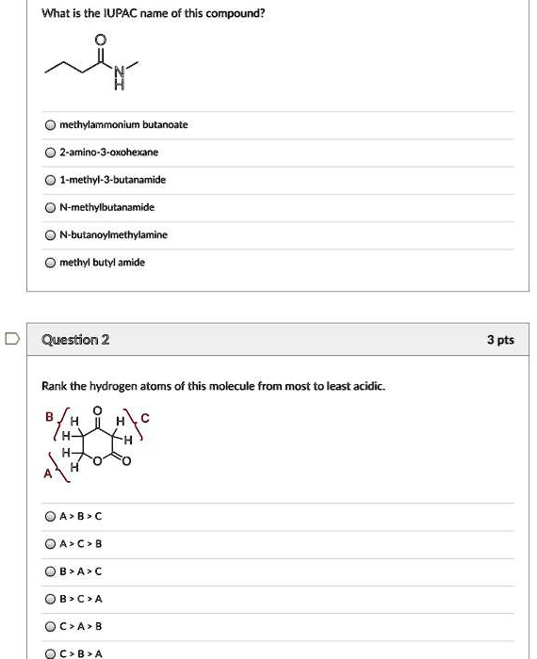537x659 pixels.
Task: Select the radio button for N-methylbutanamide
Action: [x=49, y=207]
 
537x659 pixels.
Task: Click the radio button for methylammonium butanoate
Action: [x=49, y=125]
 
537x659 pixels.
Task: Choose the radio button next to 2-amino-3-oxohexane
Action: [x=49, y=153]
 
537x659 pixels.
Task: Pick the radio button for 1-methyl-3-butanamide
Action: [x=49, y=180]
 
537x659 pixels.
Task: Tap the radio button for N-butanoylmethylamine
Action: [x=49, y=234]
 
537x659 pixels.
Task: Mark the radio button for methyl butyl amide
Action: [x=49, y=263]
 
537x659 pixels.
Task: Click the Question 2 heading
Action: [x=76, y=340]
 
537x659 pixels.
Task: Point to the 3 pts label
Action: [x=499, y=340]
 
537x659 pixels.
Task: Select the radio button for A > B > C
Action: [x=49, y=516]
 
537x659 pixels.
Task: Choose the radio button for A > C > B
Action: [x=49, y=544]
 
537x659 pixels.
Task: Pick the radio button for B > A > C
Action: [x=49, y=571]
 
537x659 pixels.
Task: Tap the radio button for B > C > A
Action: [x=49, y=599]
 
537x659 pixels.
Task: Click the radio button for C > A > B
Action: [x=49, y=626]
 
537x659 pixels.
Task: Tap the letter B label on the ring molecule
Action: [x=47, y=417]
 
